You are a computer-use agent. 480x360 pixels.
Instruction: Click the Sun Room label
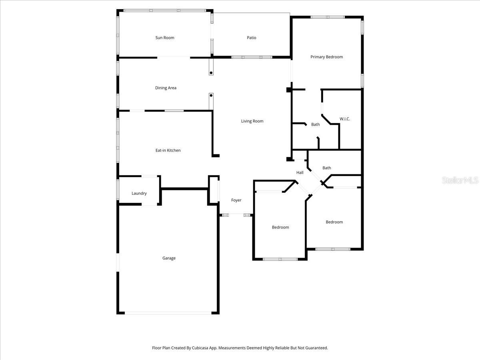click(165, 38)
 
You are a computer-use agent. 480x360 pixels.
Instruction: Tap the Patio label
click(251, 38)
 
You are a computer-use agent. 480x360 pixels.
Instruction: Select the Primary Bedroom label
click(326, 57)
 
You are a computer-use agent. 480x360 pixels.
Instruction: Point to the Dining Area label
click(166, 88)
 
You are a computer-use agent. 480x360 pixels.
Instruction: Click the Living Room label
click(252, 121)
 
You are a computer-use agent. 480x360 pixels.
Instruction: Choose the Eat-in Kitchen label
click(168, 150)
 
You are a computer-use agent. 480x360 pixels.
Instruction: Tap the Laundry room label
click(139, 193)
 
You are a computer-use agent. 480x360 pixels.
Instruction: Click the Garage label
click(169, 258)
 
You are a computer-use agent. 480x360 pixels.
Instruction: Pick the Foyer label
click(236, 200)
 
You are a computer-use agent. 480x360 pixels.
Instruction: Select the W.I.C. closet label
click(345, 119)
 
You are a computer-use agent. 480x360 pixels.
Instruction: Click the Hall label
click(300, 173)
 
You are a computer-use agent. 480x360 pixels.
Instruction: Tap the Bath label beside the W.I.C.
click(316, 124)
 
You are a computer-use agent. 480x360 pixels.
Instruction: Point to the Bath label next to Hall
click(327, 168)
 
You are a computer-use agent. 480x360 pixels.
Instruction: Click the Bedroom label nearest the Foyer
click(280, 227)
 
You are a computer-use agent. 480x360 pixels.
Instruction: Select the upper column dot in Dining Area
click(211, 72)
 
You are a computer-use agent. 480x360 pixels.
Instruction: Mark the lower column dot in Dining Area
click(211, 95)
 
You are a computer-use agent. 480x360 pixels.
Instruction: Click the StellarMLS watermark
click(460, 181)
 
